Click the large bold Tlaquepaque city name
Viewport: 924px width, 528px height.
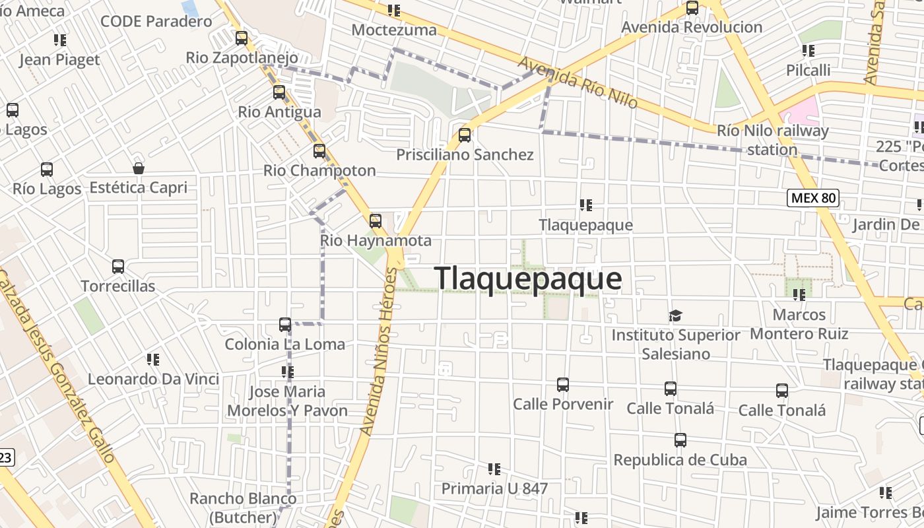click(528, 279)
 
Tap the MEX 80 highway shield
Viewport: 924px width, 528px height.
click(812, 197)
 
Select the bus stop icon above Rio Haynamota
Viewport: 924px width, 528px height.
click(376, 220)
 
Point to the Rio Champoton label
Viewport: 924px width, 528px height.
click(319, 170)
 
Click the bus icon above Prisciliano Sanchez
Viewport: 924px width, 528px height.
click(465, 135)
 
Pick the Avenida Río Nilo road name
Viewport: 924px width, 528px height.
click(577, 82)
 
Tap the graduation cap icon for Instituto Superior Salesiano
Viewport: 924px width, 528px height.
click(675, 315)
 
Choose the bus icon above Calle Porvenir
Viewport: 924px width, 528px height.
click(563, 384)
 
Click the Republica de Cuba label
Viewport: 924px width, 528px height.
click(680, 460)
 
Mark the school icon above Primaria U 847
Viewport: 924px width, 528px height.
click(494, 469)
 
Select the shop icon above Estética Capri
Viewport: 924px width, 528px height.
click(139, 168)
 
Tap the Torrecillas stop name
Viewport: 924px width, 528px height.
click(118, 286)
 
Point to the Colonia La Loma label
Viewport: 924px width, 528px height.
click(285, 344)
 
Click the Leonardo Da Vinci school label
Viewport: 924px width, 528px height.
click(153, 379)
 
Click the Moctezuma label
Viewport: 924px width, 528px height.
click(394, 30)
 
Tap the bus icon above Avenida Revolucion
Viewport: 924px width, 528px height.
click(692, 8)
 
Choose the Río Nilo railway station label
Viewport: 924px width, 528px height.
click(772, 140)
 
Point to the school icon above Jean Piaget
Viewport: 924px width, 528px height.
click(60, 40)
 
